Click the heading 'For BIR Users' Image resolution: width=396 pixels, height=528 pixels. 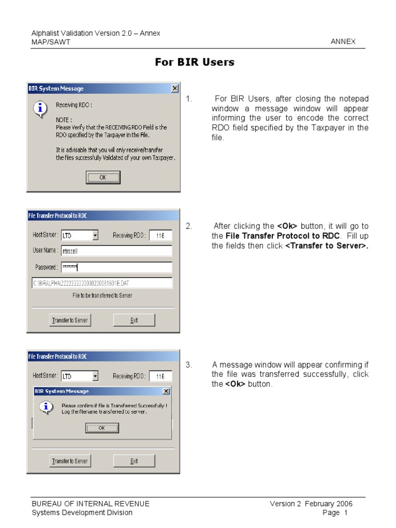(x=195, y=62)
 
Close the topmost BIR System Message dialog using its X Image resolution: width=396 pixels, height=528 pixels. (x=175, y=89)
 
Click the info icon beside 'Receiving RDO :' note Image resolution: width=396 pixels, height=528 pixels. (x=39, y=109)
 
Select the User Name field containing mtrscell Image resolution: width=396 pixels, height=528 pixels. (x=116, y=251)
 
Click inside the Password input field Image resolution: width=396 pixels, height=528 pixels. (x=116, y=267)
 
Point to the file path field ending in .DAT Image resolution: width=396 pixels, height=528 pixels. (x=102, y=283)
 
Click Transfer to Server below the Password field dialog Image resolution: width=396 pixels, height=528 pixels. (x=70, y=320)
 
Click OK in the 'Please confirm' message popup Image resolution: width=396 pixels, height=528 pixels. (x=102, y=427)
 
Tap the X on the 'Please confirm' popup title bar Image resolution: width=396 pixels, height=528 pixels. (x=166, y=391)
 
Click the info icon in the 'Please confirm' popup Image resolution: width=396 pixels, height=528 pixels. (x=46, y=407)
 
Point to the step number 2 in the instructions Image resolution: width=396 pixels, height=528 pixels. (x=189, y=226)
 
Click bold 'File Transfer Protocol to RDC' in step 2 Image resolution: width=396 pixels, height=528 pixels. (x=283, y=236)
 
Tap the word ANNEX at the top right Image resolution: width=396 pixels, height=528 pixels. (x=343, y=42)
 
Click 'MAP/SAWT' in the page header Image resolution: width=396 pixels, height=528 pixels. (x=51, y=42)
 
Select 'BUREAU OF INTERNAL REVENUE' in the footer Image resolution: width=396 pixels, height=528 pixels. (x=91, y=504)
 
